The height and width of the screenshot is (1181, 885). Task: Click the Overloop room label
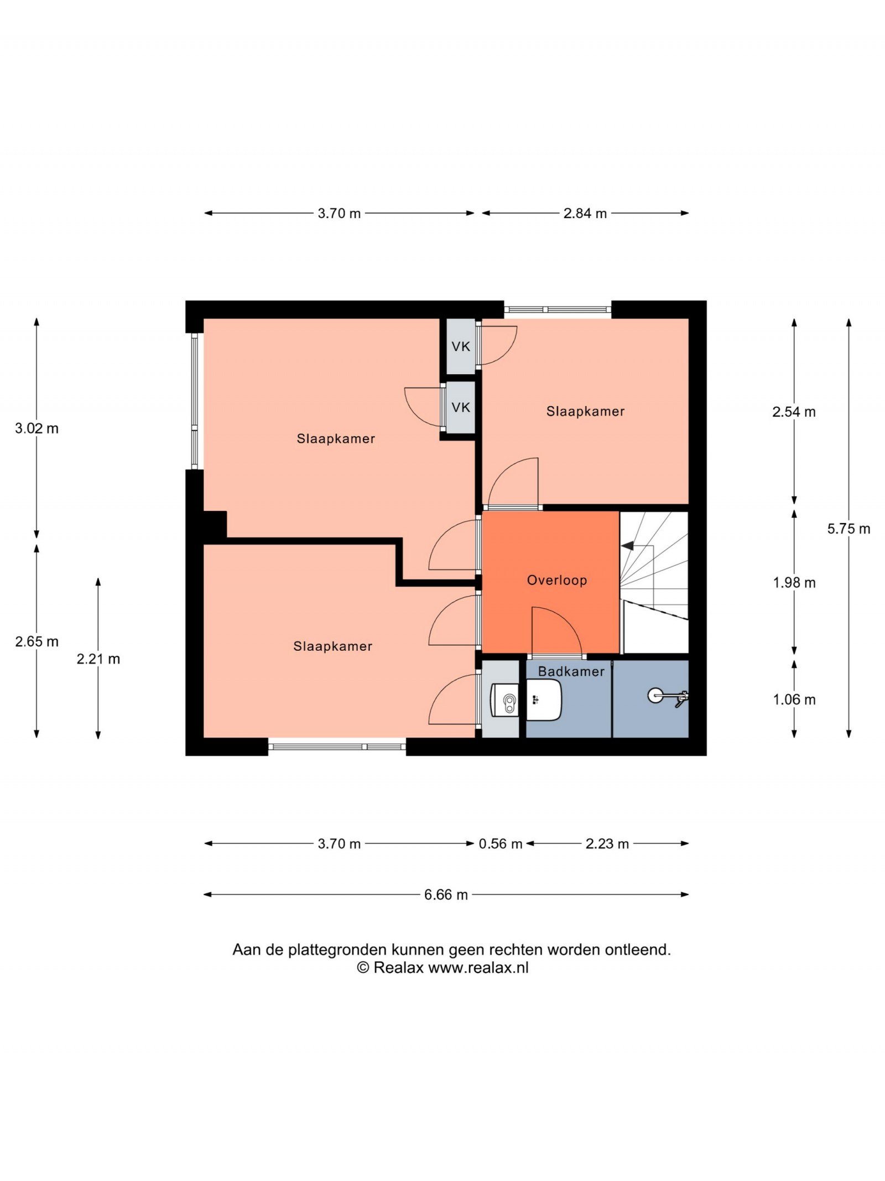(556, 580)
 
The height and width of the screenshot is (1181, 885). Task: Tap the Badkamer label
(571, 671)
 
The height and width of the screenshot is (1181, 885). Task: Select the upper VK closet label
(461, 346)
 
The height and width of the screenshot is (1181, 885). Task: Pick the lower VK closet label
(461, 407)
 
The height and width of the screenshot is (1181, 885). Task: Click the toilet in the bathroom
(505, 702)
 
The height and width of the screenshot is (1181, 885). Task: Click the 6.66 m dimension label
(446, 895)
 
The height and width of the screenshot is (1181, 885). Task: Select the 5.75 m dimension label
(848, 529)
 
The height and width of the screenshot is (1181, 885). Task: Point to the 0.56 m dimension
(501, 844)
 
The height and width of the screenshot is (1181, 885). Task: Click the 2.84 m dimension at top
(585, 213)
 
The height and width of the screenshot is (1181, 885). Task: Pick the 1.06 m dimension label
(794, 700)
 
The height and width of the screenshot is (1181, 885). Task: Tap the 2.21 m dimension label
(98, 659)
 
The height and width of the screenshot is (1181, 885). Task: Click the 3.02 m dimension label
(37, 428)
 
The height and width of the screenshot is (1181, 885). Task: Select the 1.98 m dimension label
(794, 582)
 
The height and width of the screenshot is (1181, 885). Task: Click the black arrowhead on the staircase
(627, 546)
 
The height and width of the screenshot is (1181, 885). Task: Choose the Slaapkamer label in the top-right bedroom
(585, 411)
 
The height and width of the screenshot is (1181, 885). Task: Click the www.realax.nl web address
(478, 967)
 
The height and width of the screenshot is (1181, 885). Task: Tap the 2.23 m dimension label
(607, 844)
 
